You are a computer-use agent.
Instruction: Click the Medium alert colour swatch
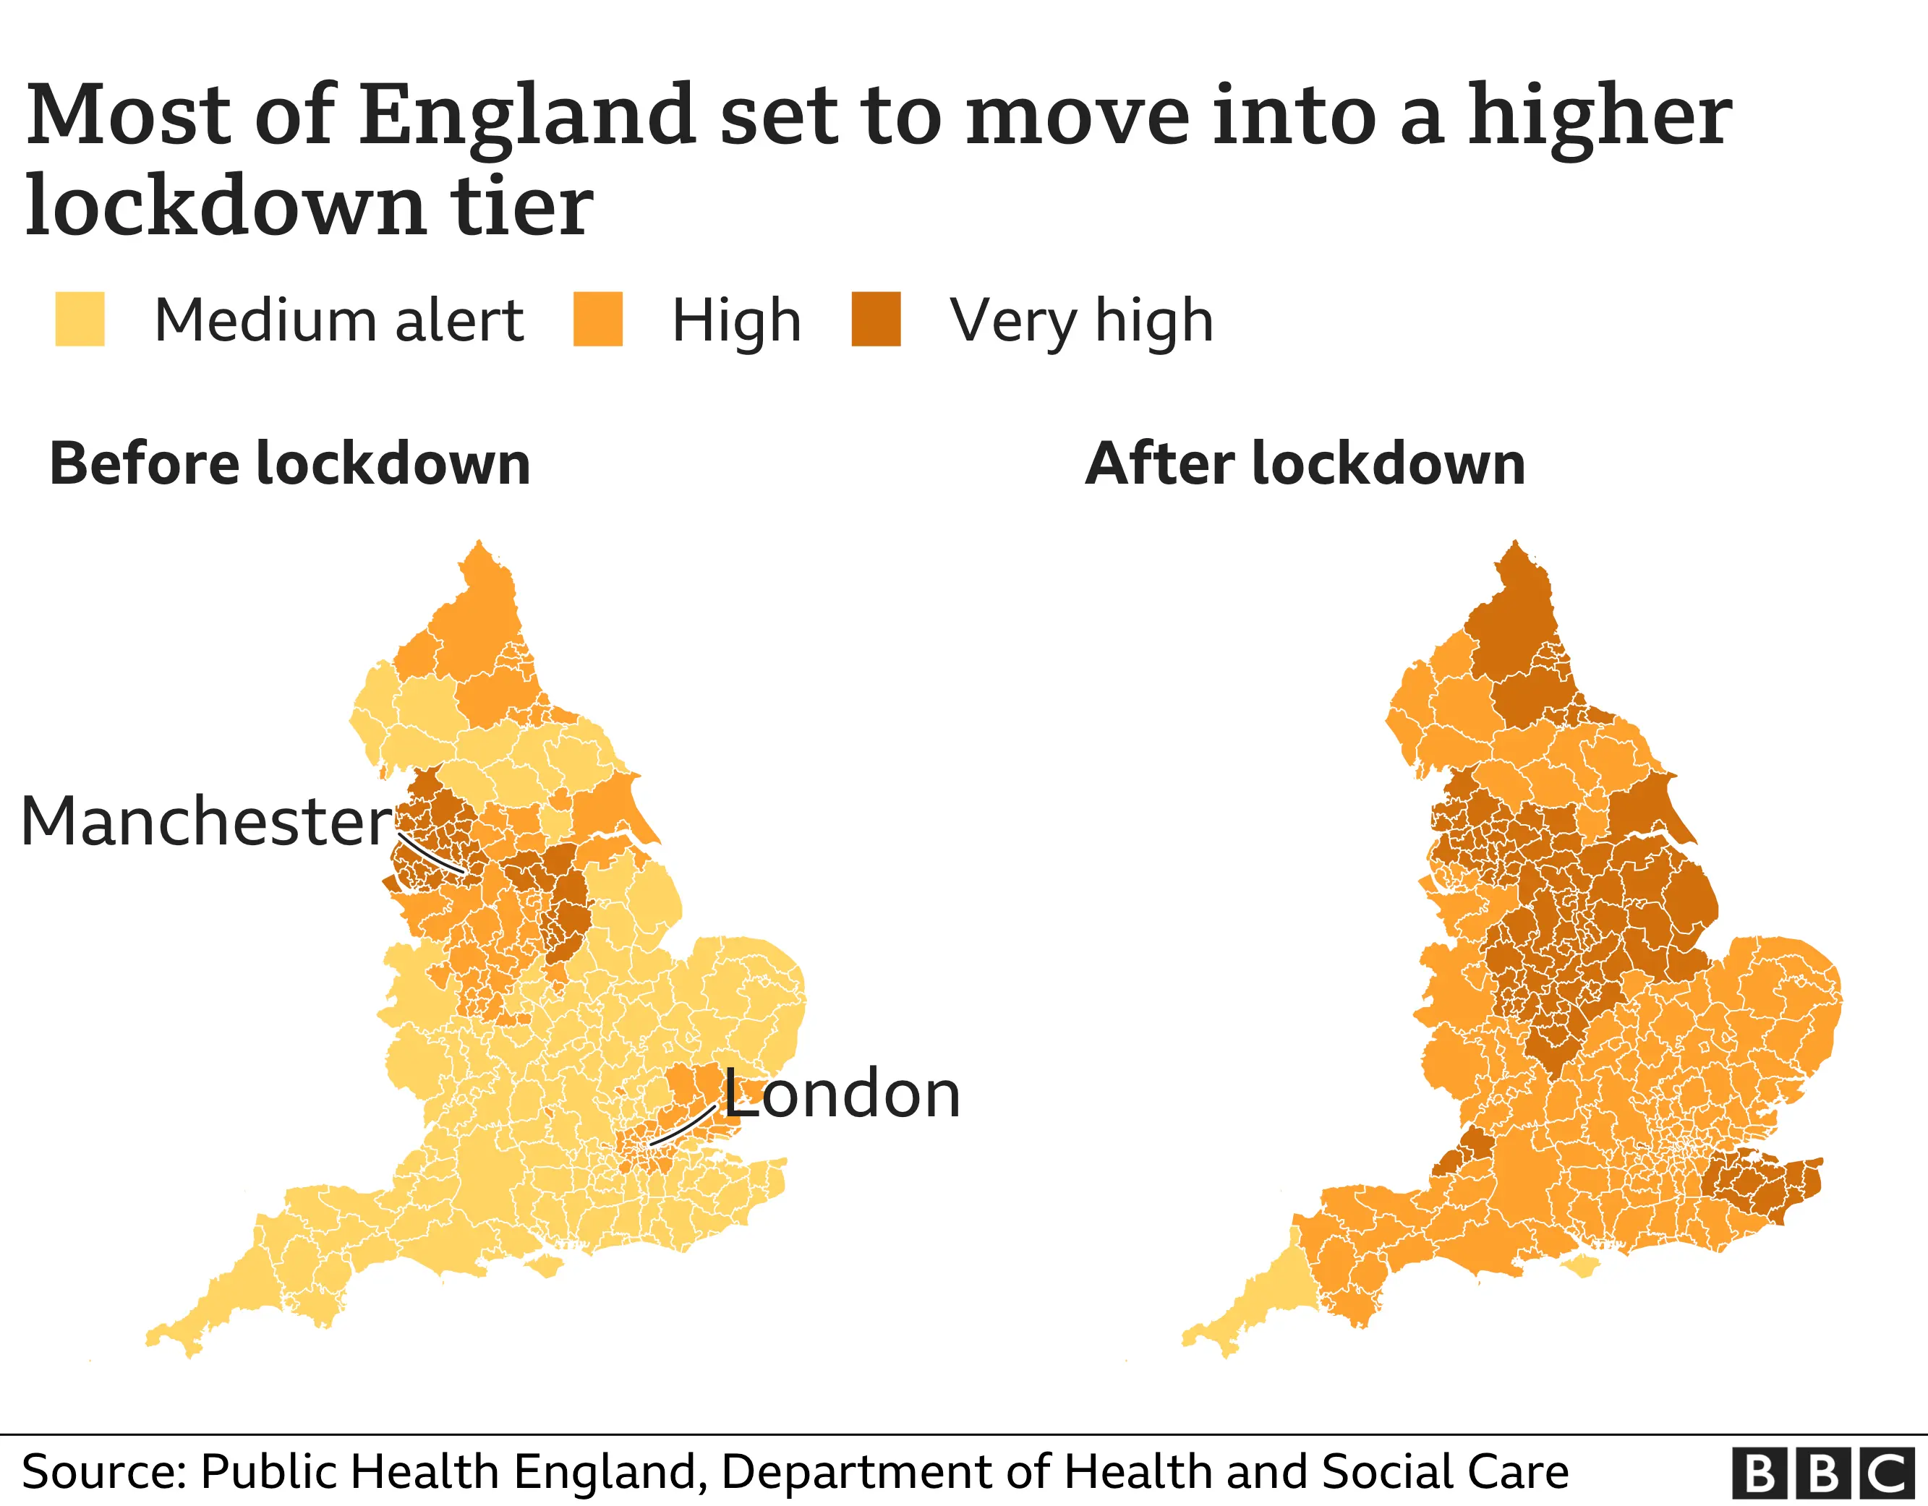pyautogui.click(x=80, y=319)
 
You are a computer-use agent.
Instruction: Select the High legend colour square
pyautogui.click(x=597, y=319)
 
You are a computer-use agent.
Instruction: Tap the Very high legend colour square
pyautogui.click(x=876, y=319)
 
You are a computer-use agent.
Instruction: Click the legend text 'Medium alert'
pyautogui.click(x=339, y=320)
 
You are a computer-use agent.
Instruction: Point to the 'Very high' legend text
pyautogui.click(x=1081, y=321)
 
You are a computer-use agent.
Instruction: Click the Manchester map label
pyautogui.click(x=205, y=821)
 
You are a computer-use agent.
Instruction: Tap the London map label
pyautogui.click(x=841, y=1094)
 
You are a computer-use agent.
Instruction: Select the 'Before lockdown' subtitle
pyautogui.click(x=289, y=463)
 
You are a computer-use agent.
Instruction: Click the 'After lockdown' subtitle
pyautogui.click(x=1305, y=463)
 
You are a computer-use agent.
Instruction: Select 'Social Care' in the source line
pyautogui.click(x=1445, y=1471)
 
